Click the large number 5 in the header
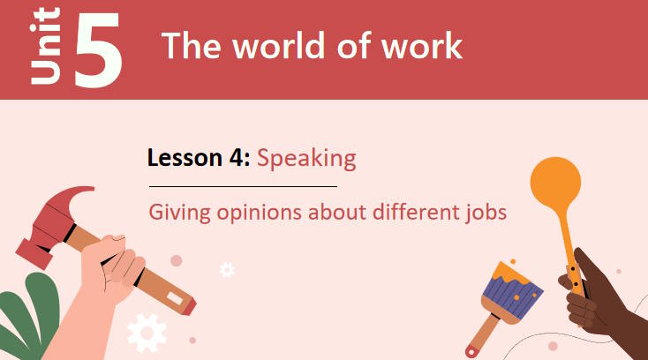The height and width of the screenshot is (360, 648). [98, 49]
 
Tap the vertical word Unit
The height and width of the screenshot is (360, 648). [46, 46]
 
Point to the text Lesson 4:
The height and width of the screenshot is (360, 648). [200, 159]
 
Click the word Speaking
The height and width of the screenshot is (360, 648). [306, 160]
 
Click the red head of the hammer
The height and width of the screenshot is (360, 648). [53, 221]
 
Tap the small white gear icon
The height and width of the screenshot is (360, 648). [227, 270]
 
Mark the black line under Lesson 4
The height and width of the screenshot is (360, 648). [243, 187]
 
